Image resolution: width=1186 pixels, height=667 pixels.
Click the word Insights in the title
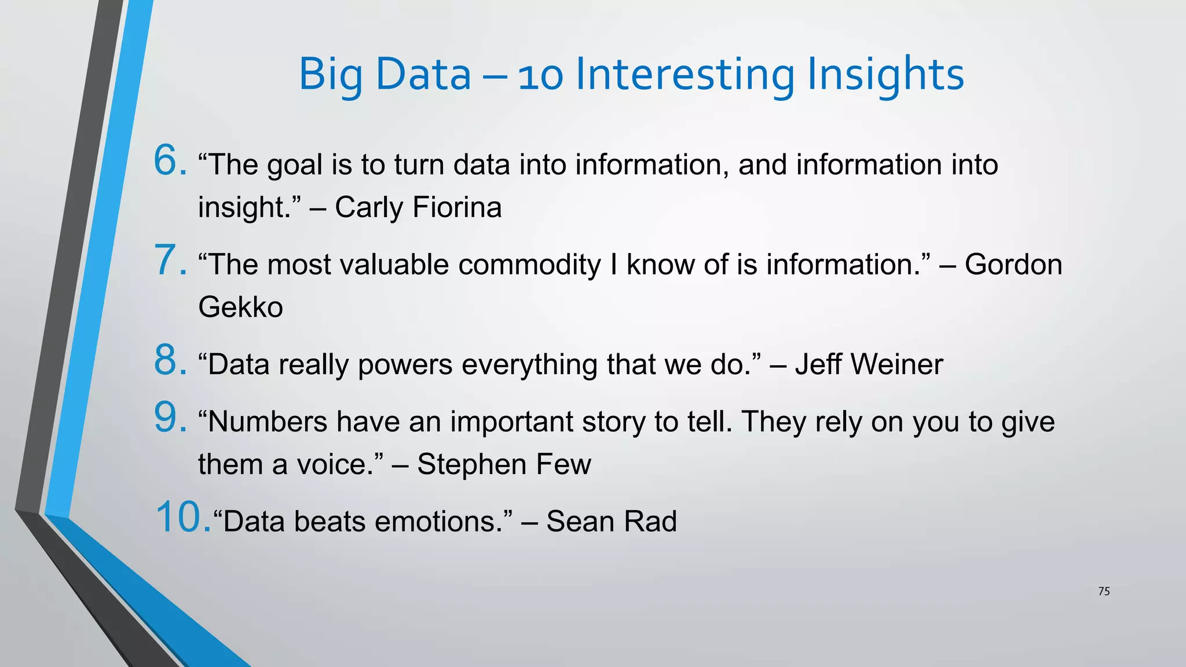[885, 75]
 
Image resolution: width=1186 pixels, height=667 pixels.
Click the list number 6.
[170, 160]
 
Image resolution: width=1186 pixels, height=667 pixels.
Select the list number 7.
[170, 260]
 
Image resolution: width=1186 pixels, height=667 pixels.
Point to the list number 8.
[170, 360]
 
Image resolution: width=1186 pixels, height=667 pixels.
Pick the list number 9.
[170, 417]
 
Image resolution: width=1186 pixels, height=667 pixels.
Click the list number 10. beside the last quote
[183, 517]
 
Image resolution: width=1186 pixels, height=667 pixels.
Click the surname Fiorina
[457, 207]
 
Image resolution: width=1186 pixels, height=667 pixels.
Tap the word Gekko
[240, 307]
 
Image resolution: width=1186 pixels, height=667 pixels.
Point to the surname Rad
[651, 521]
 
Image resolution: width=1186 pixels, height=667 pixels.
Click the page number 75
[1104, 591]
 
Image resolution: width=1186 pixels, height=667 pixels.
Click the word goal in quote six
[294, 166]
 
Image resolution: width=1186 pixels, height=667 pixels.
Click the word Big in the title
[330, 75]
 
